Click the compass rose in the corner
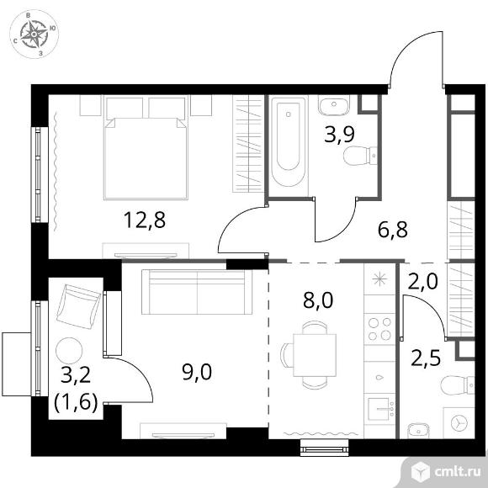coord(34,34)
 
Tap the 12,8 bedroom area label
coord(145,220)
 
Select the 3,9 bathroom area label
coord(339,135)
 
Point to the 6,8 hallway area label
coord(392,230)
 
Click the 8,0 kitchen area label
coord(318,300)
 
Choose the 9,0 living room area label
coord(197,372)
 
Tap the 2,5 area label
coord(426,358)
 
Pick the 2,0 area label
coord(423,281)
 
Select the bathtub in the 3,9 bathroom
coord(288,142)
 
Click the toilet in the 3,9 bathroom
coord(360,156)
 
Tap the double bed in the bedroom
coord(146,147)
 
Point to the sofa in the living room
coord(197,292)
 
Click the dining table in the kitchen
coord(315,355)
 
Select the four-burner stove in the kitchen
coord(379,329)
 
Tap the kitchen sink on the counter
coord(379,409)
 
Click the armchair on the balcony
coord(79,306)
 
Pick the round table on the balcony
coord(69,351)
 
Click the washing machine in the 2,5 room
coord(459,423)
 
